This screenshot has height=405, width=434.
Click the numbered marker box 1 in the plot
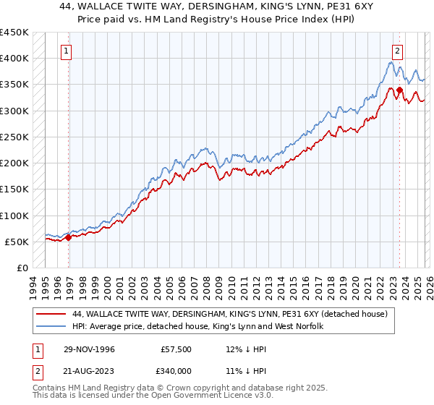pyautogui.click(x=66, y=51)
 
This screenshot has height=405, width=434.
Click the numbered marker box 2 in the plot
pyautogui.click(x=398, y=51)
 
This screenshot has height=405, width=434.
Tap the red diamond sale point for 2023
pyautogui.click(x=399, y=90)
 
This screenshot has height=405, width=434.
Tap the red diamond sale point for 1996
pyautogui.click(x=68, y=237)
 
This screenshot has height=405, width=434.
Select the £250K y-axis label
pyautogui.click(x=14, y=137)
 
